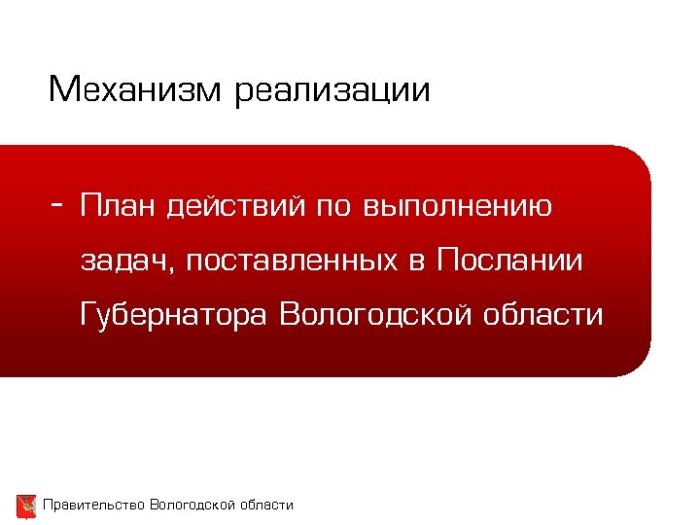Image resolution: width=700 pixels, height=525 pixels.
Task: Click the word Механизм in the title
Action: coord(136,90)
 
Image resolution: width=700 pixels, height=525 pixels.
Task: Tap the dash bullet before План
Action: coord(59,205)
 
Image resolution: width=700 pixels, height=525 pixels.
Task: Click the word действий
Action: coord(237,207)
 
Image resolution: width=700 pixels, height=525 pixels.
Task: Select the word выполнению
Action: coord(458,207)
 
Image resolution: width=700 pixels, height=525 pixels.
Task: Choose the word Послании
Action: coord(510,261)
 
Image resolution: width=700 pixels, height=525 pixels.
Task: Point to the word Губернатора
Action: coord(176,316)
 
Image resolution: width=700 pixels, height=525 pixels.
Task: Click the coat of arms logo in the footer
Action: coord(26,506)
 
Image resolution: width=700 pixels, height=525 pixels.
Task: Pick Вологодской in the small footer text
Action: coord(192,505)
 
